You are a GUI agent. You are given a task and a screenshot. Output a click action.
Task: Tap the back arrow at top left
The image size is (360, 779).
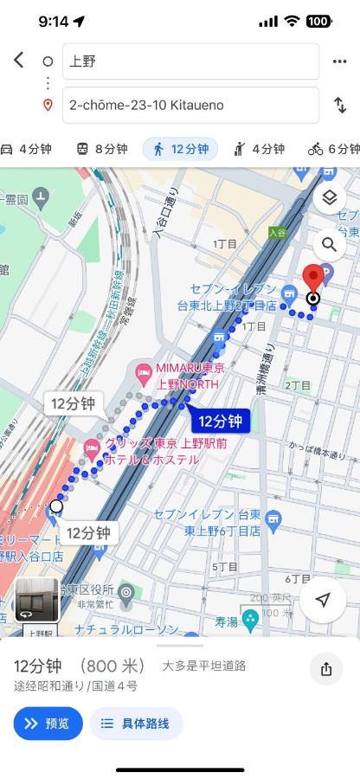(x=19, y=61)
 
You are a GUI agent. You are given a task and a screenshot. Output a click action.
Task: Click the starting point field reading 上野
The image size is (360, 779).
(x=190, y=61)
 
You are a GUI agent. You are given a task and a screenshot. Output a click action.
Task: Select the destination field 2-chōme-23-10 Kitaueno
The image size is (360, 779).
(x=190, y=106)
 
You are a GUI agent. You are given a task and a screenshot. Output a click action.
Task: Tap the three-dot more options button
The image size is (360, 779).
(x=338, y=61)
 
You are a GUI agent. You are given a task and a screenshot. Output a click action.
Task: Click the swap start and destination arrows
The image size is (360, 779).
(x=339, y=106)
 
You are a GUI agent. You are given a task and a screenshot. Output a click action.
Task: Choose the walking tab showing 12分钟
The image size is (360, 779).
(x=180, y=149)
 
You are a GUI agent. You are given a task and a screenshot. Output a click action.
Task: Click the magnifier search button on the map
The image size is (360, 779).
(x=329, y=245)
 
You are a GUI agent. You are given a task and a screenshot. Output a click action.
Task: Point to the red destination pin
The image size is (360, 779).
(x=313, y=279)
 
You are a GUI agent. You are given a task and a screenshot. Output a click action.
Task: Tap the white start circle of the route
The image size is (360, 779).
(x=56, y=505)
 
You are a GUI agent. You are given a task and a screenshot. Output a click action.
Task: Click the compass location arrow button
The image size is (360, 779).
(x=324, y=600)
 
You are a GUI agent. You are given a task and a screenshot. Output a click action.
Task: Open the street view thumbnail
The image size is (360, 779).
(x=37, y=600)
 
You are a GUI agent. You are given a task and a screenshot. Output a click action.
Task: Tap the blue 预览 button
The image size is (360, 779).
(x=48, y=724)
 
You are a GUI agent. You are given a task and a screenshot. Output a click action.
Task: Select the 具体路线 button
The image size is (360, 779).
(x=136, y=724)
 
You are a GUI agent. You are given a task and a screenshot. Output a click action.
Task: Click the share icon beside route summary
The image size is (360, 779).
(x=326, y=669)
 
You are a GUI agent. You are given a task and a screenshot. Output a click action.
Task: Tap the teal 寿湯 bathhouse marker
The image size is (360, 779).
(x=251, y=619)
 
